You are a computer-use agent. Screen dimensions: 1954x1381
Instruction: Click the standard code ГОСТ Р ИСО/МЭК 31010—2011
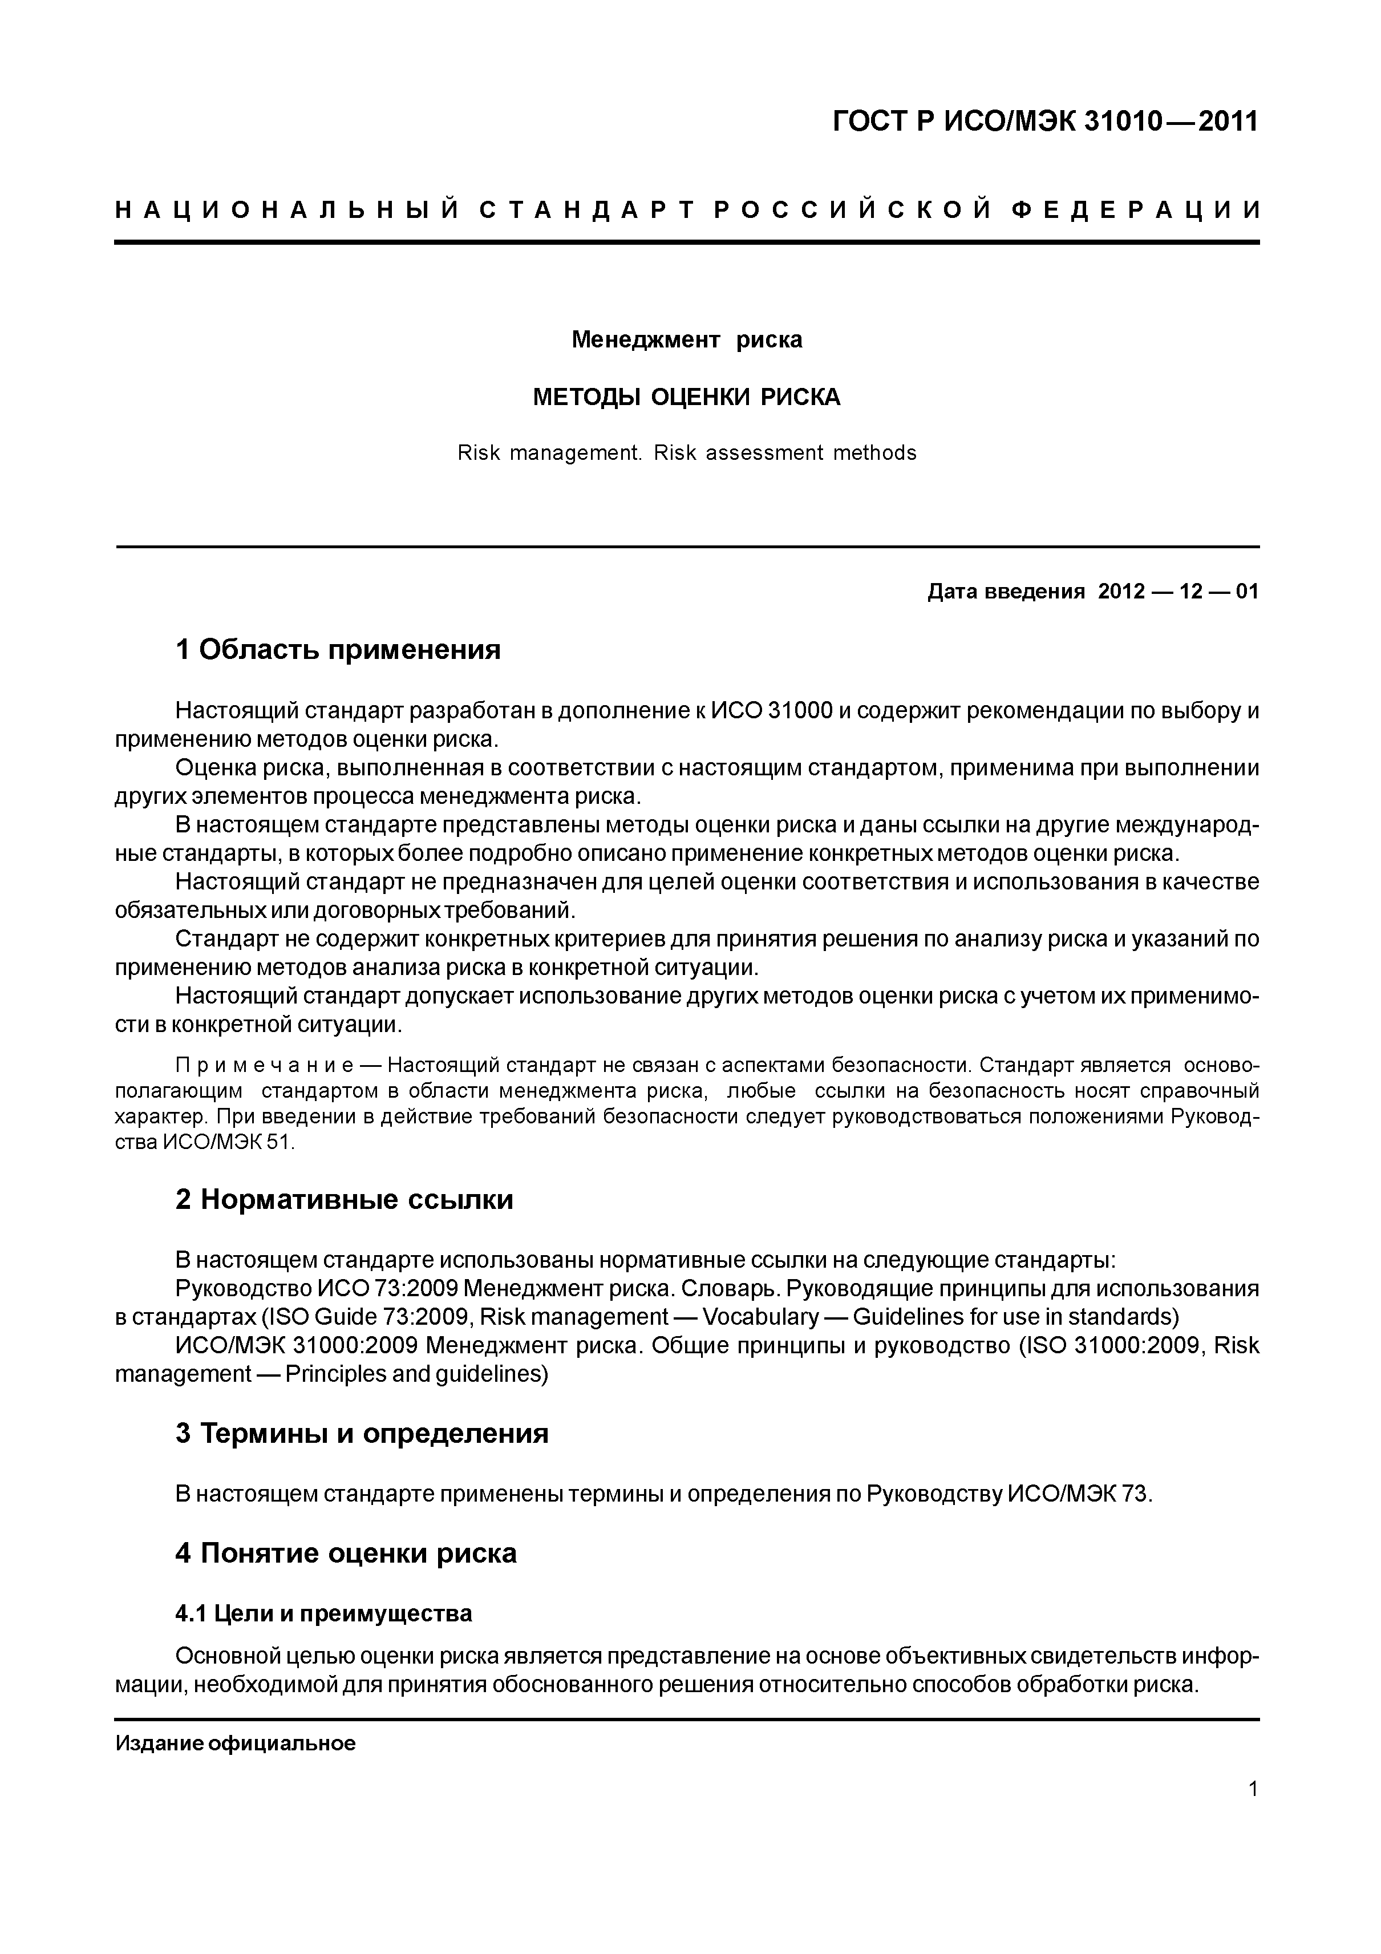pos(1045,122)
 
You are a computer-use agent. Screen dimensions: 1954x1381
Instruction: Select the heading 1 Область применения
pos(338,650)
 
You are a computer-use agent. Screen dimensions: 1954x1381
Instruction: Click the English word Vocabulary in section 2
pos(761,1317)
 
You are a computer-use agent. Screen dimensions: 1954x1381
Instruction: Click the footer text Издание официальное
pos(235,1744)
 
